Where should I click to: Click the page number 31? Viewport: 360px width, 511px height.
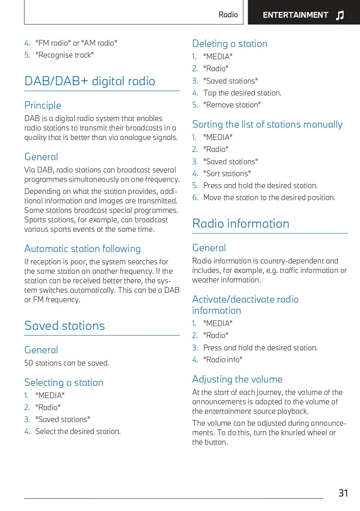tap(343, 493)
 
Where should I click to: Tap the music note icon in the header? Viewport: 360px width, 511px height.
tap(340, 16)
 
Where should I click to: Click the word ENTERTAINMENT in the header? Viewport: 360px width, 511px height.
tap(295, 15)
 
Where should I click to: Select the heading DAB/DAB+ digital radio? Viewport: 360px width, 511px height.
tap(90, 81)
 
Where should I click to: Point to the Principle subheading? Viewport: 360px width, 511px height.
tap(42, 105)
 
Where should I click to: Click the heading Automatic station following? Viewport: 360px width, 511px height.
tap(82, 249)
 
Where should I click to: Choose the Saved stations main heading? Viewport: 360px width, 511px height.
tap(65, 326)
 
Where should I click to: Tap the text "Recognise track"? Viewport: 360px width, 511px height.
tap(65, 55)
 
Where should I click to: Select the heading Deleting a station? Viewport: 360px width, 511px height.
tap(230, 44)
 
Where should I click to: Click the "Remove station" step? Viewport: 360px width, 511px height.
tap(232, 105)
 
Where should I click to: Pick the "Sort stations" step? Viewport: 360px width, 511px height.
tap(227, 174)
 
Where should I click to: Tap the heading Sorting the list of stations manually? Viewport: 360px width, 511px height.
tap(267, 124)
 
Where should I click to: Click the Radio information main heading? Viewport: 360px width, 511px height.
tap(241, 224)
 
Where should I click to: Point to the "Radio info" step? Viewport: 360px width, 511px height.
tap(223, 360)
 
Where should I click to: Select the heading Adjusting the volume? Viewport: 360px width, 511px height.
tap(237, 379)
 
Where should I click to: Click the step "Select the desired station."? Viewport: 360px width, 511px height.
tap(78, 432)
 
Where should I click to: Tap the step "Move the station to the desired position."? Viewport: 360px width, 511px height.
tap(269, 198)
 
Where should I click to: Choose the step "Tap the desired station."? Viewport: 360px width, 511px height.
tap(242, 93)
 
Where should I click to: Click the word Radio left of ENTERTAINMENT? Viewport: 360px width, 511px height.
tap(228, 15)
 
